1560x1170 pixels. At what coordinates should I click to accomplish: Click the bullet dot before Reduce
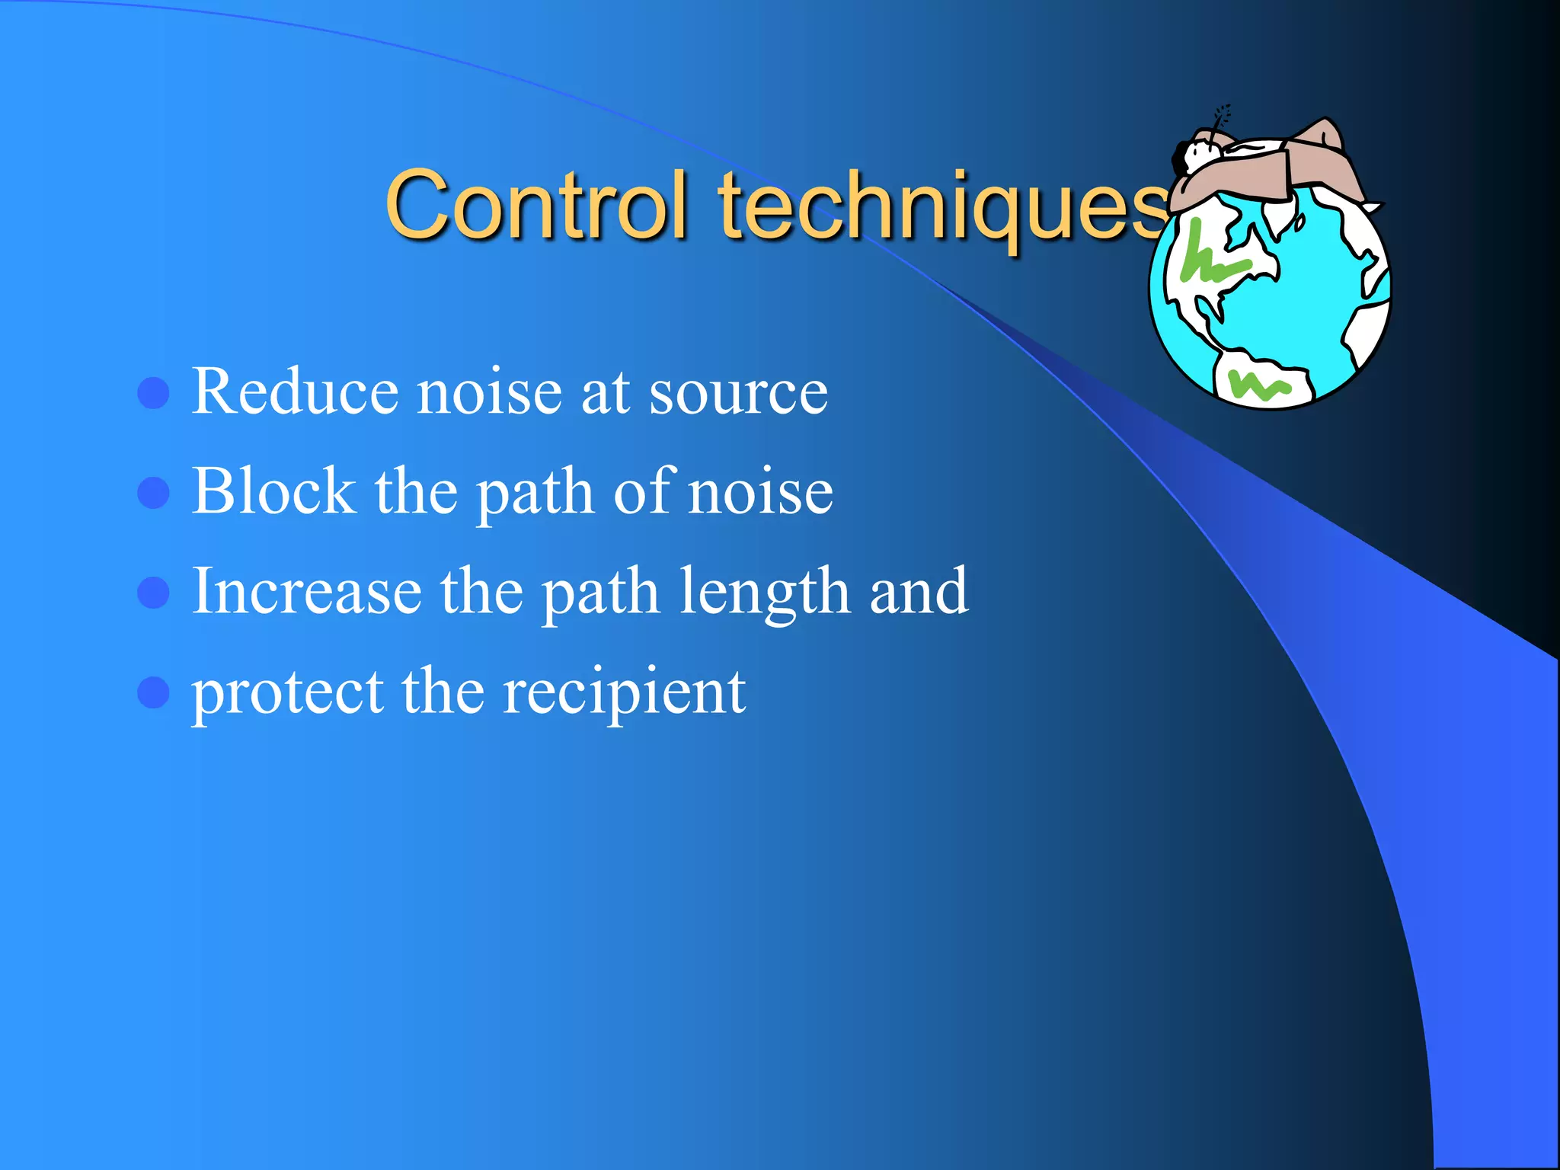tap(153, 393)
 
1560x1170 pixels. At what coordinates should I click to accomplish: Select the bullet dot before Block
tap(153, 493)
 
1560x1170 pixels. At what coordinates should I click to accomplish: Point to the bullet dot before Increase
tap(153, 593)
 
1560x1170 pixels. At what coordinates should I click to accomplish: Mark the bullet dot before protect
tap(153, 692)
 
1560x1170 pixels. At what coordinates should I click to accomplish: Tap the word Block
tap(273, 491)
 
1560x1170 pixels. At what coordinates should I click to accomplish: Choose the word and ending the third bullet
tap(918, 593)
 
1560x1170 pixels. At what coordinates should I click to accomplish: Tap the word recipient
tap(624, 693)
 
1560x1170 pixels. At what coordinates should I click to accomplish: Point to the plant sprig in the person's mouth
tap(1221, 118)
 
